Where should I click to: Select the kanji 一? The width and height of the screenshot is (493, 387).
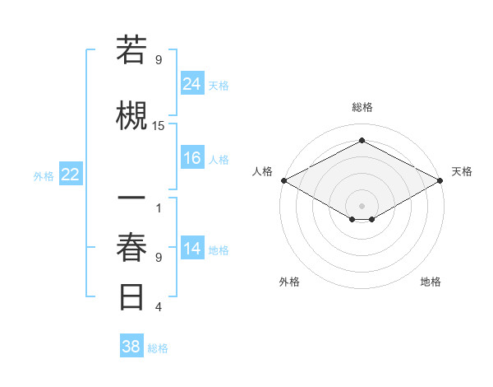coord(132,199)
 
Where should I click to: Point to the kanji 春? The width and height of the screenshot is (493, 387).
coord(132,249)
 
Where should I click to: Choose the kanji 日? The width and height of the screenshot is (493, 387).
coord(132,296)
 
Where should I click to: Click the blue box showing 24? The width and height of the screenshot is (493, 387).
coord(192,83)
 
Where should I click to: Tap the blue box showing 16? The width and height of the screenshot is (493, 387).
coord(192,158)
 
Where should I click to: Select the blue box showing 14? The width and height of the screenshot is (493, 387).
coord(192,249)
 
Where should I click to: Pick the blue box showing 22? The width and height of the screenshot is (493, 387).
coord(71,175)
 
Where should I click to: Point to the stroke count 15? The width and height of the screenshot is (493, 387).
coord(159,126)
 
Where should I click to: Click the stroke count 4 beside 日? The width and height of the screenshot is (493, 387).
coord(159,307)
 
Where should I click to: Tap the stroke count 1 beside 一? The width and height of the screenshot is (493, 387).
coord(159,207)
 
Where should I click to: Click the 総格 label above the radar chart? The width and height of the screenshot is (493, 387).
coord(362,107)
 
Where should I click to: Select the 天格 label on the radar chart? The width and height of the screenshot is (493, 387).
coord(462,171)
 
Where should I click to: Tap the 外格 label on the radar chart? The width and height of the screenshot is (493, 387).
coord(289,282)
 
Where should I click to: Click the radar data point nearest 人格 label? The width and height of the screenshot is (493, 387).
coord(283,180)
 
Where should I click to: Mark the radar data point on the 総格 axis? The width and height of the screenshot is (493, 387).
coord(362,140)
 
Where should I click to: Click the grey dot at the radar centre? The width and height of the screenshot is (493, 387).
coord(362,204)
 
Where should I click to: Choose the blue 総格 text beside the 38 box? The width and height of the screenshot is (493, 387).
coord(158,348)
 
